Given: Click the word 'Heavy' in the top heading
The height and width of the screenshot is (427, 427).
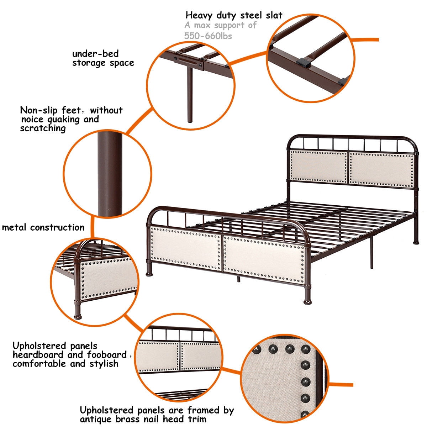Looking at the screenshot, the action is tap(199, 16).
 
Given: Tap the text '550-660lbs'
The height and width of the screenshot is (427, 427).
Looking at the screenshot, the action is tap(208, 36).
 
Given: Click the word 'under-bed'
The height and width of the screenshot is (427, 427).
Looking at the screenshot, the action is tap(95, 54).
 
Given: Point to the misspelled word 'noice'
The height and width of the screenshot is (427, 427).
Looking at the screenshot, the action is tap(32, 120).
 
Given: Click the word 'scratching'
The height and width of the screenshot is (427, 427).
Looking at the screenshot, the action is tap(43, 129).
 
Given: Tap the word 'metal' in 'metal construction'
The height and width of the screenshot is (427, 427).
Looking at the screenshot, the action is tap(14, 227).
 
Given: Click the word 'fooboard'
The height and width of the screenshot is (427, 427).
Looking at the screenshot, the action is tap(107, 354).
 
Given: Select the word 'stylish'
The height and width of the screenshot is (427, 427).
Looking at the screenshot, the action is tap(104, 364).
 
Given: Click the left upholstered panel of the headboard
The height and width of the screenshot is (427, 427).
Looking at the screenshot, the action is tap(318, 167).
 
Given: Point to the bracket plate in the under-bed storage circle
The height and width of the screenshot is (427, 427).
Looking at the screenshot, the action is tap(188, 61).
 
